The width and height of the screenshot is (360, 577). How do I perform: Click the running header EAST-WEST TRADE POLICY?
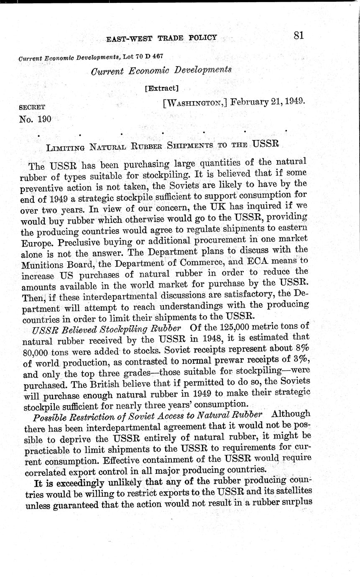[161, 38]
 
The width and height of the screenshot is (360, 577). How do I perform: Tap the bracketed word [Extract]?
[161, 88]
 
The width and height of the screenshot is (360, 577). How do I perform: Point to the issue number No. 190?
[35, 119]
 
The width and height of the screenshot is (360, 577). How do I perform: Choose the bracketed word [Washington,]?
[195, 103]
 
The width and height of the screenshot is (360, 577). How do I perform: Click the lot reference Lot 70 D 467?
[143, 56]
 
